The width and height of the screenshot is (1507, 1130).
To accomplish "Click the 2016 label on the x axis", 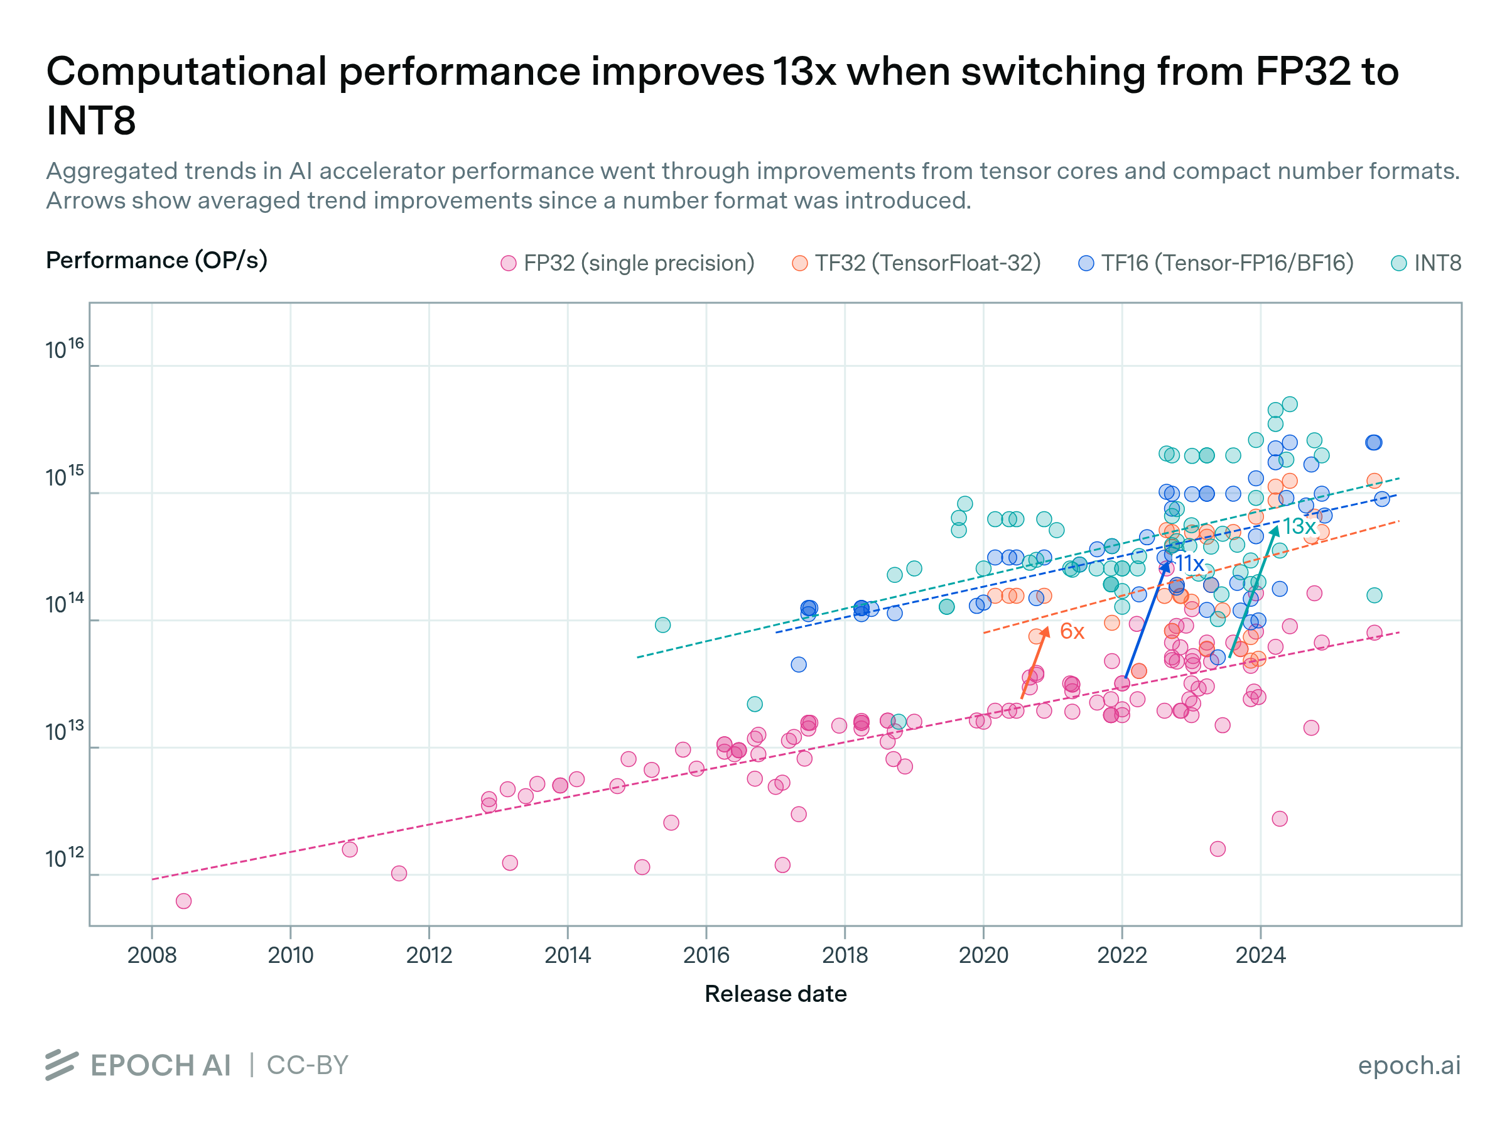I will click(x=706, y=955).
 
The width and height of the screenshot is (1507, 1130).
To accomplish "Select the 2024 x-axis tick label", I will click(x=1260, y=955).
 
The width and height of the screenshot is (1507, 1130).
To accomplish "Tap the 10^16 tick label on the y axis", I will click(x=65, y=349).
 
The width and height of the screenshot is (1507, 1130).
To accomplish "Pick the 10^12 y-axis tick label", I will click(x=65, y=858).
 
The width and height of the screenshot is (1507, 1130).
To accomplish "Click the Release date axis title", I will click(x=775, y=994).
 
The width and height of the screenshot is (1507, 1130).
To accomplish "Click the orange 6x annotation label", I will click(x=1072, y=631).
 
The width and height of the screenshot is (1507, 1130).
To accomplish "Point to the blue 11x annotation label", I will click(x=1189, y=563).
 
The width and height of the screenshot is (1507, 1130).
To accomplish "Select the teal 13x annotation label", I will click(x=1299, y=526).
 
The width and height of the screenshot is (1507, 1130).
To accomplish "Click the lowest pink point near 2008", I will click(x=183, y=901).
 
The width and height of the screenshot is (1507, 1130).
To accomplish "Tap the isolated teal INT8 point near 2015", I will click(x=662, y=625).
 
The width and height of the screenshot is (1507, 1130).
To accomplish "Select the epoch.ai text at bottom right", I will click(x=1409, y=1065).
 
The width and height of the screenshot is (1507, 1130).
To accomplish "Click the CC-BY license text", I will click(x=307, y=1065).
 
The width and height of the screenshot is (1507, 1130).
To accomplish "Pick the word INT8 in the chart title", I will click(x=91, y=121).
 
